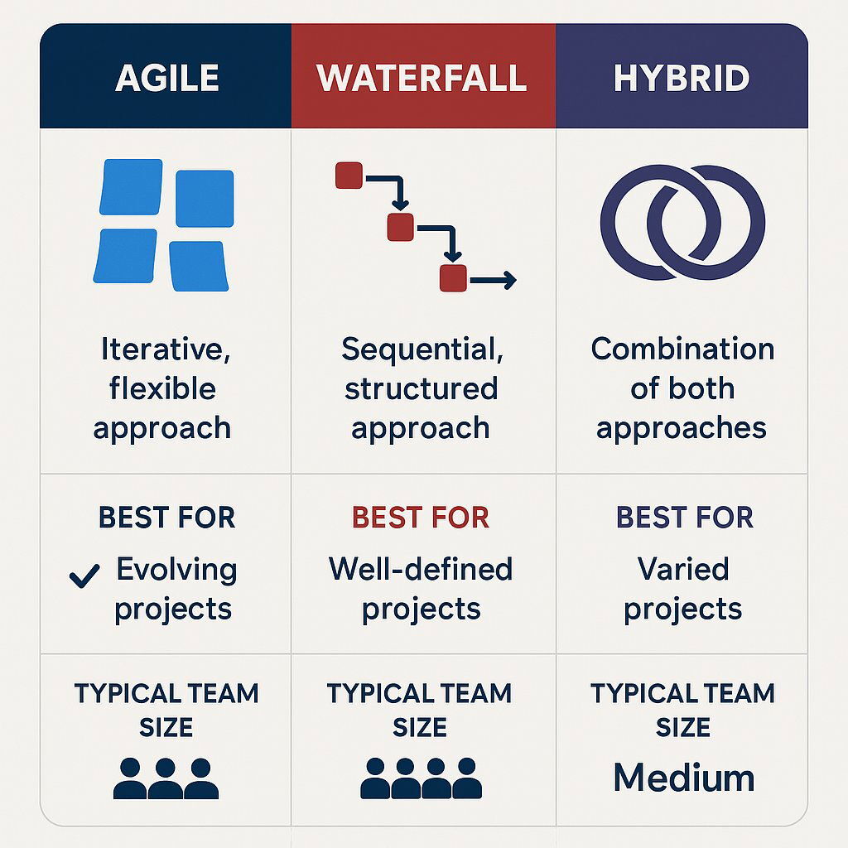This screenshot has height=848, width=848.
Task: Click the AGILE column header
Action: (x=167, y=78)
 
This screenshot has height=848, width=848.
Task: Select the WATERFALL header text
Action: (x=422, y=78)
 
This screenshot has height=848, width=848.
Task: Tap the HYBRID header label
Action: (x=682, y=78)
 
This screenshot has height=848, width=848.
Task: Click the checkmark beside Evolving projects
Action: (x=84, y=575)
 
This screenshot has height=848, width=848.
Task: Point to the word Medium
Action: (x=684, y=778)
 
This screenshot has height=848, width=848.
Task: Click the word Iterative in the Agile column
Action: (x=166, y=349)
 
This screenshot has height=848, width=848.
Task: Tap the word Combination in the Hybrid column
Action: (x=682, y=349)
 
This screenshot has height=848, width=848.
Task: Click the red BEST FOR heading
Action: (x=421, y=518)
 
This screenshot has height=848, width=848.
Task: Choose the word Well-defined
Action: (x=421, y=569)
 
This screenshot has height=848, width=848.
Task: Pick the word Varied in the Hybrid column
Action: (x=683, y=569)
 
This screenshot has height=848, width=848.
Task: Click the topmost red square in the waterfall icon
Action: (x=349, y=176)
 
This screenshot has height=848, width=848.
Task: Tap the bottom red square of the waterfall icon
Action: (x=453, y=278)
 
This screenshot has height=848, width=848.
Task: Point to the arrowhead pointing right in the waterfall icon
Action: (x=508, y=281)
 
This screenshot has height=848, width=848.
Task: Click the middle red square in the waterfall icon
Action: (x=400, y=226)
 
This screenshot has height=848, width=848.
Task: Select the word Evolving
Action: (x=176, y=569)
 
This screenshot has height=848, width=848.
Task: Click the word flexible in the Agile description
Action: (x=162, y=388)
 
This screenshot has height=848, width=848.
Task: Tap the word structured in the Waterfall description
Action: (x=422, y=388)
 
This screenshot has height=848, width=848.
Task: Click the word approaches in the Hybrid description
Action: (x=682, y=428)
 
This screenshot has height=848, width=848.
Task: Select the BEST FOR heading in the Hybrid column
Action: (x=685, y=518)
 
